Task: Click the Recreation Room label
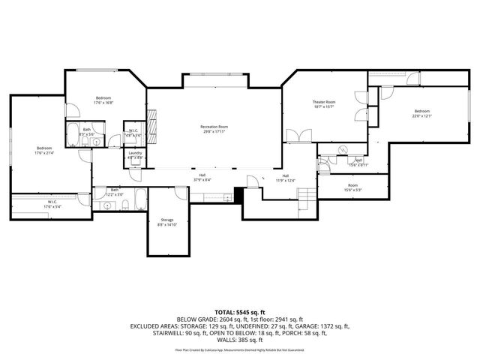214,129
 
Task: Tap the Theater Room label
324,104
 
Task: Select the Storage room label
166,222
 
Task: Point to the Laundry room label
134,155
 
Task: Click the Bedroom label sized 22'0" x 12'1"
421,114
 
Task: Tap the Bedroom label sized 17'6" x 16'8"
103,100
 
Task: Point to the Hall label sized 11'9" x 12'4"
286,178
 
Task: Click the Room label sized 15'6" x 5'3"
352,187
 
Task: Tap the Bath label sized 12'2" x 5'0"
115,192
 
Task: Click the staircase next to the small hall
306,196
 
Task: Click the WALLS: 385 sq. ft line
240,341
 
